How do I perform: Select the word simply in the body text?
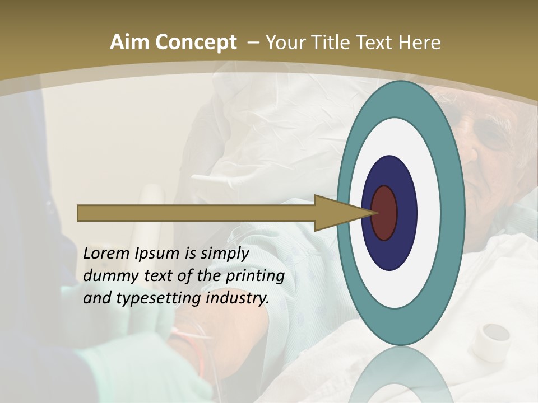[224, 254]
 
